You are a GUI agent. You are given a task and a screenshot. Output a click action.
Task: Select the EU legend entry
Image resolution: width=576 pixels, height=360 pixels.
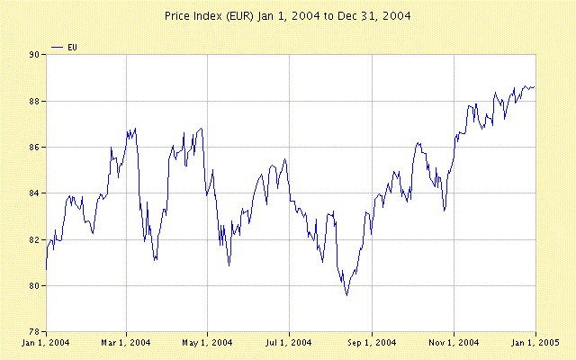point(73,45)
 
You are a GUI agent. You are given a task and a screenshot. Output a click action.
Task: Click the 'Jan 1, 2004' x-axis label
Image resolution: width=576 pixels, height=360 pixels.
point(46,343)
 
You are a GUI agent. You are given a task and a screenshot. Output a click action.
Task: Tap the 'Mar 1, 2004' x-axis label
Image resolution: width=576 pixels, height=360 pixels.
point(126,343)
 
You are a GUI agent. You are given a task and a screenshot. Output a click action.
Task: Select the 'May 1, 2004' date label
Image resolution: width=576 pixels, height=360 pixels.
point(208,343)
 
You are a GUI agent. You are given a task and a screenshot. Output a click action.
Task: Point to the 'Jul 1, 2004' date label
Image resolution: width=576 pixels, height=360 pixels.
point(290,343)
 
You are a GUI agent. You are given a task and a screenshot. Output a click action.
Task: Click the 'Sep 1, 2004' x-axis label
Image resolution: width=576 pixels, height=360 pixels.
point(372,343)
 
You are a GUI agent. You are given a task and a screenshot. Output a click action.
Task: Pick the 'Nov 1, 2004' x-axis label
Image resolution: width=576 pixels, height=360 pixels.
point(454,343)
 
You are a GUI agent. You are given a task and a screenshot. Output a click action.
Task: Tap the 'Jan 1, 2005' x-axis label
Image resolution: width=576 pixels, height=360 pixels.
point(535,343)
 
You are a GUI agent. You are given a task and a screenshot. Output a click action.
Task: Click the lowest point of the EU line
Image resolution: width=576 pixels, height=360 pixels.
point(346,295)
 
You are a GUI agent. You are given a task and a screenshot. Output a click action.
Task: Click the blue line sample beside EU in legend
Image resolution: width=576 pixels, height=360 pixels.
point(58,45)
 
